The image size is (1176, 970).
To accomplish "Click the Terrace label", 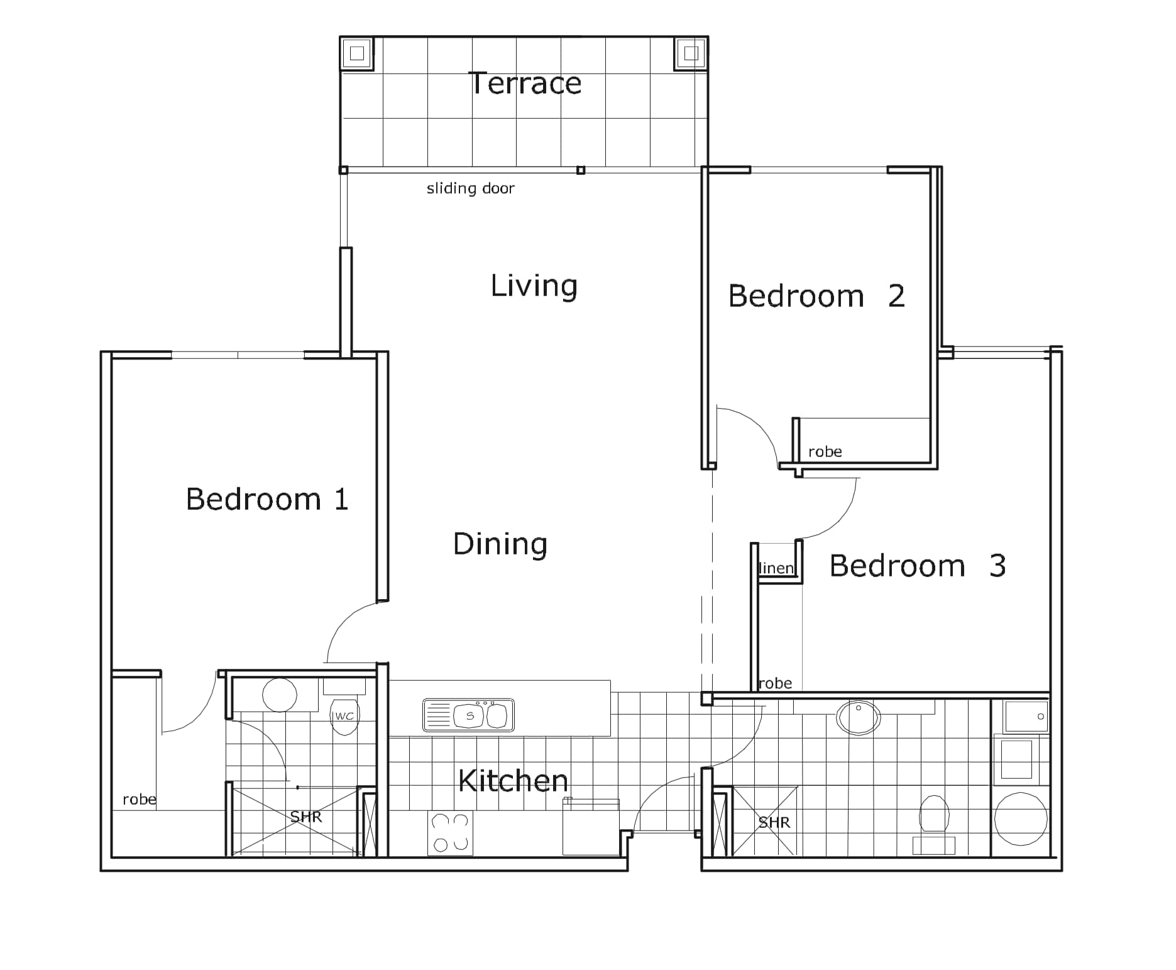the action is coord(525,84).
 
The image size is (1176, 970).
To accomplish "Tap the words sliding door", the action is coord(470,188).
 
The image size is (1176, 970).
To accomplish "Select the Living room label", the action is coord(534,286).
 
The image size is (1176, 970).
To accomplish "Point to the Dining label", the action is coord(500,544).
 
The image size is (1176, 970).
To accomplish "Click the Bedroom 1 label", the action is coord(267,499).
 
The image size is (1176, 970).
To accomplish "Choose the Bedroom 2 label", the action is coord(816,296).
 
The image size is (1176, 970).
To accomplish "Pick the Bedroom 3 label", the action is coord(918,566).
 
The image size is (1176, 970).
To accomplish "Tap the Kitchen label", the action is coord(514,781).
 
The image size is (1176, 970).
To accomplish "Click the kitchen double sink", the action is coord(469,715).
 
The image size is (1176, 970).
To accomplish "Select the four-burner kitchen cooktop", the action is coord(450,833).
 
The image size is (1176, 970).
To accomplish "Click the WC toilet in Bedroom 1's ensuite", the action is coord(344,717).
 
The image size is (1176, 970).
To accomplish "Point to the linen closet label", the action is coord(777,568).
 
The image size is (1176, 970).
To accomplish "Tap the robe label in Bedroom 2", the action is coord(825,452).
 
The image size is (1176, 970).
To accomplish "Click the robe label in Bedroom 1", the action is coord(140,800).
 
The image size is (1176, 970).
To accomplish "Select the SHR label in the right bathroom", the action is coord(774,823).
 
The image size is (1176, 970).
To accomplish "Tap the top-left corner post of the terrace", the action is coord(357,53).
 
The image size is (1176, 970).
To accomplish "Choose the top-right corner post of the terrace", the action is coord(691,53).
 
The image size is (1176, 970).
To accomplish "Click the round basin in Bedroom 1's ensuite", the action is coord(280,695).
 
